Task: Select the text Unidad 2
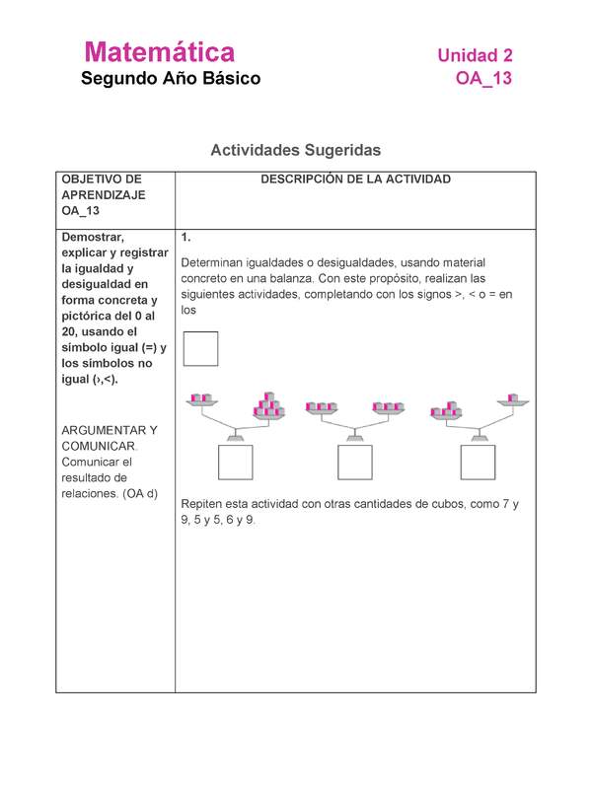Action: pyautogui.click(x=475, y=56)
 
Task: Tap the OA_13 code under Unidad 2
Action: pyautogui.click(x=483, y=79)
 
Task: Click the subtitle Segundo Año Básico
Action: pyautogui.click(x=171, y=79)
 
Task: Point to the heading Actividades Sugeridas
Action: pyautogui.click(x=295, y=151)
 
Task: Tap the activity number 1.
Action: pyautogui.click(x=186, y=239)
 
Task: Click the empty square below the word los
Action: pyautogui.click(x=200, y=348)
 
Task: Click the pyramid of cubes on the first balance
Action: pyautogui.click(x=268, y=404)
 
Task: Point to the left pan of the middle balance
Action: pyautogui.click(x=324, y=406)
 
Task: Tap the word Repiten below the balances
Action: pyautogui.click(x=207, y=504)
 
